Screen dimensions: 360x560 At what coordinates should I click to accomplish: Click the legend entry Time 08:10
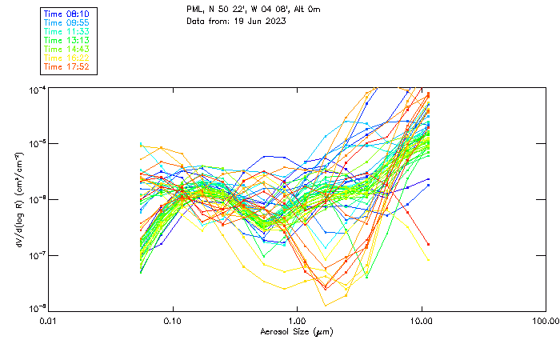coord(66,14)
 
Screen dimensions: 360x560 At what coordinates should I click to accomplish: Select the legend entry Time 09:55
coord(66,22)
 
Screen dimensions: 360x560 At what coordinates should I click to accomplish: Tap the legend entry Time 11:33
coord(66,31)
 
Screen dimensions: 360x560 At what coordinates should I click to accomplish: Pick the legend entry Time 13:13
coord(66,40)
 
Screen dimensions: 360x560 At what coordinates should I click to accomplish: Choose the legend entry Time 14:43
coord(66,49)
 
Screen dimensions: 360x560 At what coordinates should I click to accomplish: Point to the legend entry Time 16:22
coord(66,58)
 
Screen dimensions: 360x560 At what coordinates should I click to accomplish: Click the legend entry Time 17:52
coord(66,66)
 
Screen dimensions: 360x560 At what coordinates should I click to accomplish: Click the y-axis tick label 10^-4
coord(37,89)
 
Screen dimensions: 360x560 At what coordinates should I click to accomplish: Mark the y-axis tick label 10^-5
coord(37,144)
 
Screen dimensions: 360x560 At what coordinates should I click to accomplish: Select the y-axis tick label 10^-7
coord(37,255)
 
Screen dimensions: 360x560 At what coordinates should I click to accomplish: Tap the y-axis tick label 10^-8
coord(37,310)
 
